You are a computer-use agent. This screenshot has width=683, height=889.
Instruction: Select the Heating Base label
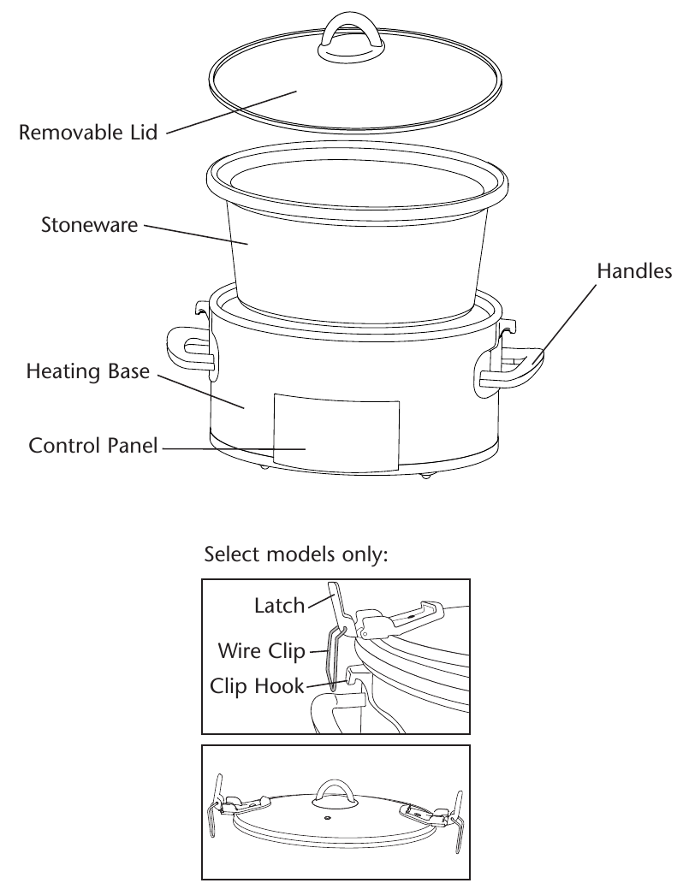click(88, 372)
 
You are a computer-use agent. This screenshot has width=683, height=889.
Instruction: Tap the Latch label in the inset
click(279, 607)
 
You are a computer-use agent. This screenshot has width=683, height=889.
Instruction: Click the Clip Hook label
click(257, 686)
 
